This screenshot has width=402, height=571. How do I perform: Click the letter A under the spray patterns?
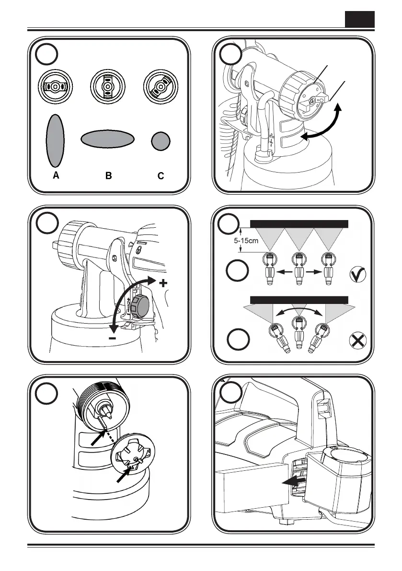pyautogui.click(x=56, y=176)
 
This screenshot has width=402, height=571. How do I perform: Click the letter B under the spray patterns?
pyautogui.click(x=109, y=176)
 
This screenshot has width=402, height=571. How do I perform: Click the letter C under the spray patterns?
pyautogui.click(x=161, y=176)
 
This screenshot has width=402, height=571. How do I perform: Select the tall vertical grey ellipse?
pyautogui.click(x=55, y=140)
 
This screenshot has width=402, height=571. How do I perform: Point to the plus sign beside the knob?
pyautogui.click(x=163, y=283)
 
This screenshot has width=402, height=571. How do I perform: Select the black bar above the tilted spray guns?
pyautogui.click(x=299, y=300)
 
